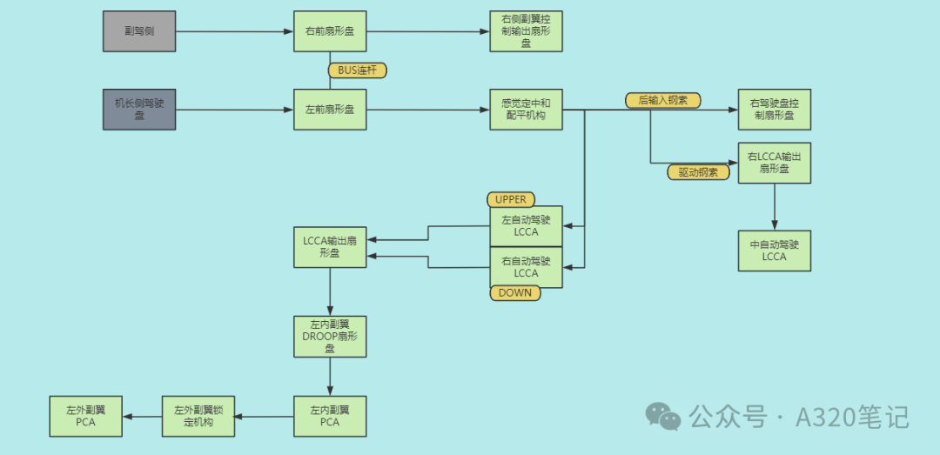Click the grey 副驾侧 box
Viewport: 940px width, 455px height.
pyautogui.click(x=139, y=31)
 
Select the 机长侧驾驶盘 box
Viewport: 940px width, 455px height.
pyautogui.click(x=139, y=110)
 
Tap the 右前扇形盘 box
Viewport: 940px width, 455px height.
pyautogui.click(x=330, y=31)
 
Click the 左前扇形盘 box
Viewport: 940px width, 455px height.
pyautogui.click(x=330, y=110)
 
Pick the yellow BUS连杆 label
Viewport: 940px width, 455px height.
pyautogui.click(x=357, y=70)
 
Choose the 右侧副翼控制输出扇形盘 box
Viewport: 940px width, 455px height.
pyautogui.click(x=526, y=31)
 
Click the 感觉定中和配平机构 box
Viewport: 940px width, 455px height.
pyautogui.click(x=526, y=110)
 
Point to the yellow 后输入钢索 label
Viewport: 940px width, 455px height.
pyautogui.click(x=662, y=100)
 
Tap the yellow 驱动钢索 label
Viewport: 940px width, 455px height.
pyautogui.click(x=698, y=172)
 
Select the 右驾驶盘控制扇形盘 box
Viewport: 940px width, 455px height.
pyautogui.click(x=774, y=110)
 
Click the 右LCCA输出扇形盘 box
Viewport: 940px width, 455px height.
pyautogui.click(x=774, y=163)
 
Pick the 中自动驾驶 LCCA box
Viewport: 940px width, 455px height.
pyautogui.click(x=774, y=251)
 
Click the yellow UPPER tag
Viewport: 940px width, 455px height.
pyautogui.click(x=511, y=200)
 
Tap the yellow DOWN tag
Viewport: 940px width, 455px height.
pyautogui.click(x=514, y=293)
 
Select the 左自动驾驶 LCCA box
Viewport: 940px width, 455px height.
pyautogui.click(x=526, y=226)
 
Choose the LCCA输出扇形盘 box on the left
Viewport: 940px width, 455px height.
pyautogui.click(x=330, y=247)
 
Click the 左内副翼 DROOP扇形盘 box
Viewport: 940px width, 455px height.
pyautogui.click(x=330, y=337)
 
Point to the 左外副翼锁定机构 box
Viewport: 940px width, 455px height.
pyautogui.click(x=199, y=416)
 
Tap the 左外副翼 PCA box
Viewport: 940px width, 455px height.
pyautogui.click(x=85, y=416)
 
